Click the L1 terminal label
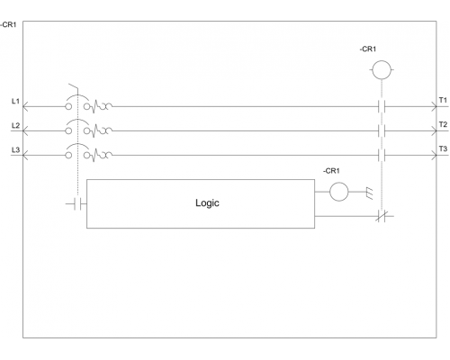coord(15,101)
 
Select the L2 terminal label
coord(15,125)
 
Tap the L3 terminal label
coord(15,149)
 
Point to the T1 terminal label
coord(443,100)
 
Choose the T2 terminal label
coord(443,124)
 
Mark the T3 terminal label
coord(443,148)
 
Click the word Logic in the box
coord(207,203)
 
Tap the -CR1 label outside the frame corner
coord(8,24)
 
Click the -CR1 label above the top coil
coord(368,49)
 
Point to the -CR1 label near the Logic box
coord(331,171)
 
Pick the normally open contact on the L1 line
coord(382,106)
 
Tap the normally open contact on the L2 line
coord(382,130)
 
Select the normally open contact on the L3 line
coord(382,156)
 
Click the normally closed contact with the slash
coord(382,216)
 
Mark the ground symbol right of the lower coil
coord(370,193)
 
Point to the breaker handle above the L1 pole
coord(74,86)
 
